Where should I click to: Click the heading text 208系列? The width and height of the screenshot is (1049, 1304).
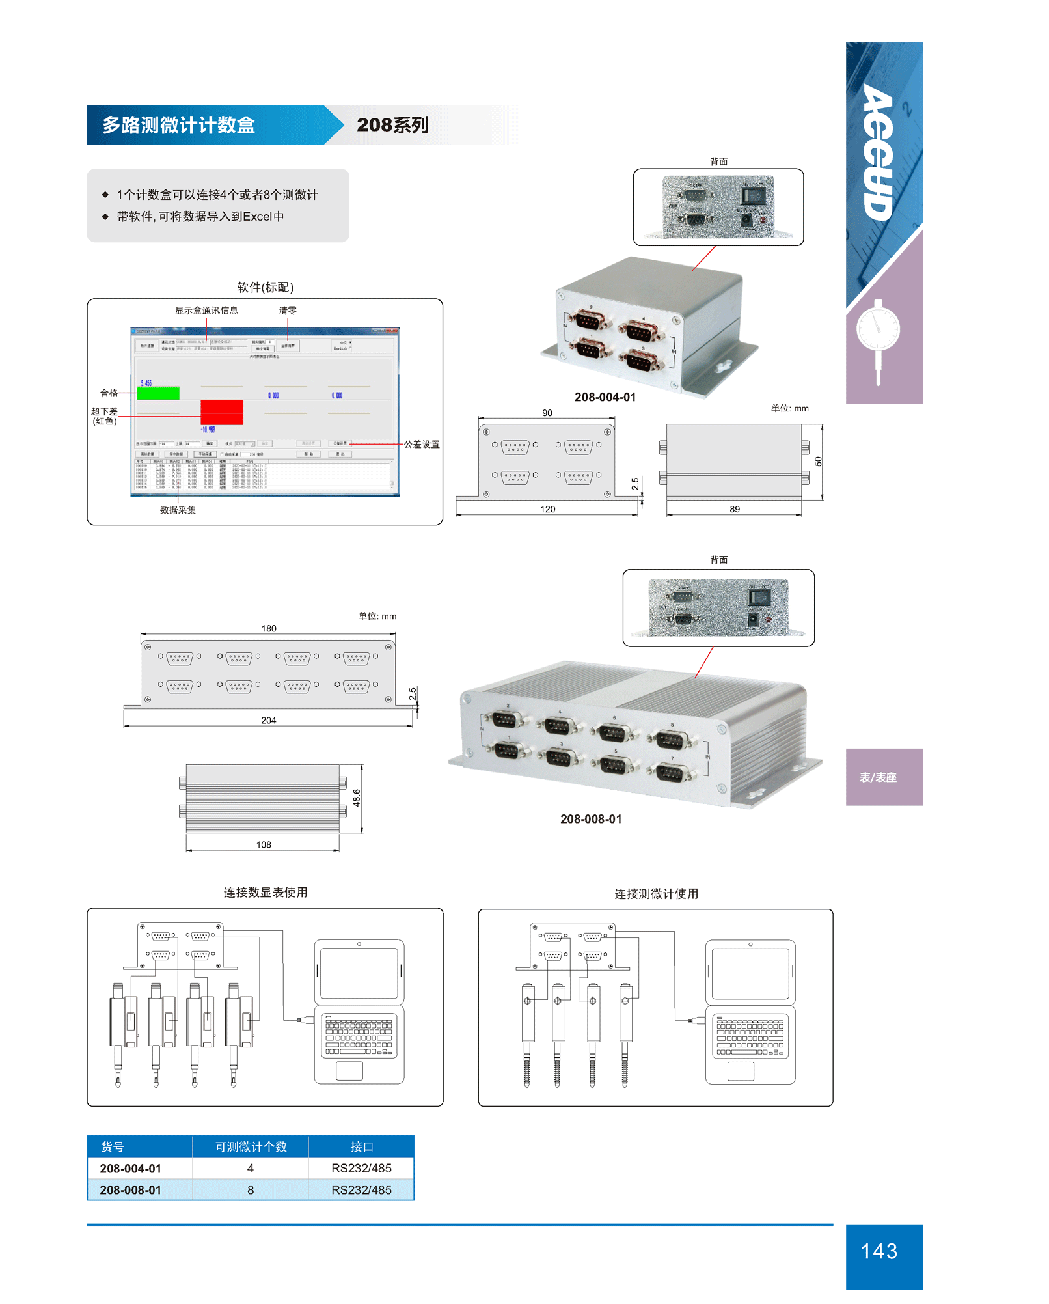(x=392, y=125)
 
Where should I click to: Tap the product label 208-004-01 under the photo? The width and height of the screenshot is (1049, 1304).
(x=605, y=397)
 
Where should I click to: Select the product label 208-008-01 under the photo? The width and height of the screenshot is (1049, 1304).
(x=591, y=819)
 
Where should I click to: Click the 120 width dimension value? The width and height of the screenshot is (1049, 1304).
(x=547, y=510)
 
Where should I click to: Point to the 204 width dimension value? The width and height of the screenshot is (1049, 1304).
(x=268, y=721)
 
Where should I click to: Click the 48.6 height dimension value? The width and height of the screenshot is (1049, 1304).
(x=357, y=798)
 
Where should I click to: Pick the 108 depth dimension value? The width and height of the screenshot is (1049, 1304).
(x=264, y=845)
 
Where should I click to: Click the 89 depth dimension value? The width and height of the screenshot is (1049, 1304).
(x=735, y=510)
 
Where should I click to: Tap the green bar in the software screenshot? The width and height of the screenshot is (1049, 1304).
(x=158, y=393)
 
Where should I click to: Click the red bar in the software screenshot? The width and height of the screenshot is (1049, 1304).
(x=221, y=412)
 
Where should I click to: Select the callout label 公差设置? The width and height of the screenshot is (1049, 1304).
(x=422, y=444)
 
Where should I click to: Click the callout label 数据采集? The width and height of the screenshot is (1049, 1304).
(x=178, y=510)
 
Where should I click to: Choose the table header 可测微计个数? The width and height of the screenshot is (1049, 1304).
(x=251, y=1147)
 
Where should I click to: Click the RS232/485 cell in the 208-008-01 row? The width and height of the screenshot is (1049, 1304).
(x=361, y=1190)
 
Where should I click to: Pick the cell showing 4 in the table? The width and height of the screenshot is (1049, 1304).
(x=251, y=1169)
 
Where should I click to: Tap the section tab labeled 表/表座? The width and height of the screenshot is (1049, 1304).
(x=878, y=777)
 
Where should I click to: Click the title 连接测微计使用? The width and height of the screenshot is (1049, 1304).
(x=656, y=894)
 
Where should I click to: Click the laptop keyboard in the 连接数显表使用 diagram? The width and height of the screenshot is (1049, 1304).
(x=359, y=1035)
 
